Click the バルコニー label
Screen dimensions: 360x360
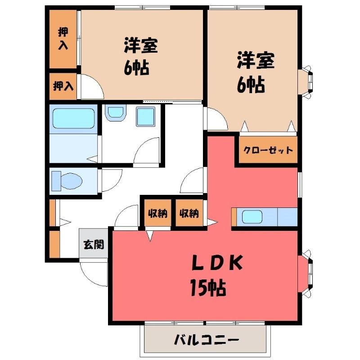pos(207,340)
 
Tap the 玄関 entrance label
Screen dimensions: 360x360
pos(94,245)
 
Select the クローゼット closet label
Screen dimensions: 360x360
pos(268,150)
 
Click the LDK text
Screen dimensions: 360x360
pos(217,262)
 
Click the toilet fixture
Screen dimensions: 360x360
pos(67,181)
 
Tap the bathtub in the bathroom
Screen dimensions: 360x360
pos(73,118)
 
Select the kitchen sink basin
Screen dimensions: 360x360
pos(252,216)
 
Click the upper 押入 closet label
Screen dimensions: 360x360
pos(63,38)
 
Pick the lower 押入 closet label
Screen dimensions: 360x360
pos(63,86)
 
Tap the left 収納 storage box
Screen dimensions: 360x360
pos(158,213)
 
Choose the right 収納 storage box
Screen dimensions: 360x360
pos(189,213)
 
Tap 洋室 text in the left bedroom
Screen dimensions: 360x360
pos(141,45)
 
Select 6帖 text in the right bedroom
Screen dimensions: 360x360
pos(251,85)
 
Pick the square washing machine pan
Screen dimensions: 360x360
pos(145,117)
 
